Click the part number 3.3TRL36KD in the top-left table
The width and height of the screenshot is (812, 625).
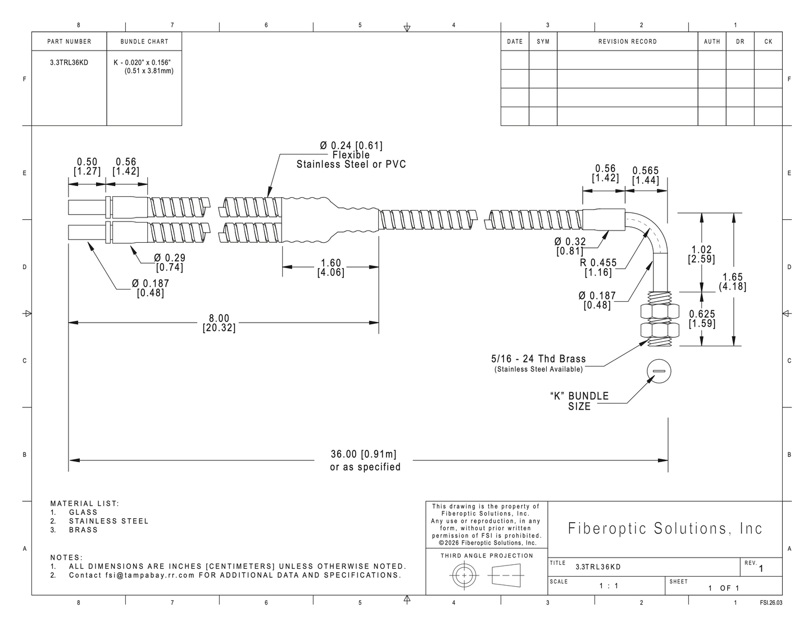tap(69, 63)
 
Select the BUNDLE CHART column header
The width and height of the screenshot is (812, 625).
tap(144, 42)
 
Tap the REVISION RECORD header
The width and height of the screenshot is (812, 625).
tap(628, 42)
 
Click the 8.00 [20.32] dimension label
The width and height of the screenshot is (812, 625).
tap(219, 323)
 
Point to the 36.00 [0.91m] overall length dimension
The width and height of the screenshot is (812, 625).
tap(364, 454)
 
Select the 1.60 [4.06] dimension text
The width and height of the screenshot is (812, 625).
tap(331, 268)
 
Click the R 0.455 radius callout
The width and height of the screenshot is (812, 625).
tap(598, 268)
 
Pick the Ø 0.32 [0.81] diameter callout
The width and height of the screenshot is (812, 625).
tap(570, 246)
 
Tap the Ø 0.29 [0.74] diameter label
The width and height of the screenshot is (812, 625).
tap(170, 262)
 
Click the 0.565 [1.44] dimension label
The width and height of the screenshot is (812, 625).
tap(645, 175)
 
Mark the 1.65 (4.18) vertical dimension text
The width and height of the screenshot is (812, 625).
tap(732, 282)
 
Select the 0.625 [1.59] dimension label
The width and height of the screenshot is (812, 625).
tap(702, 319)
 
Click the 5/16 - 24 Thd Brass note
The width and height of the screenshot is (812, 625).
tap(538, 359)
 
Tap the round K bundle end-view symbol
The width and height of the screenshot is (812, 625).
tap(659, 371)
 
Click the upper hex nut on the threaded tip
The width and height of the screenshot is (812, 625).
tap(660, 311)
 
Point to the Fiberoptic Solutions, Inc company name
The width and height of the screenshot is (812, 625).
tap(665, 528)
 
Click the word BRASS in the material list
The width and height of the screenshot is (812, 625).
tap(83, 530)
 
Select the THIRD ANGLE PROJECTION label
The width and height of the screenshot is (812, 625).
tap(487, 555)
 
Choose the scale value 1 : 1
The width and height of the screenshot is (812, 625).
tap(609, 586)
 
